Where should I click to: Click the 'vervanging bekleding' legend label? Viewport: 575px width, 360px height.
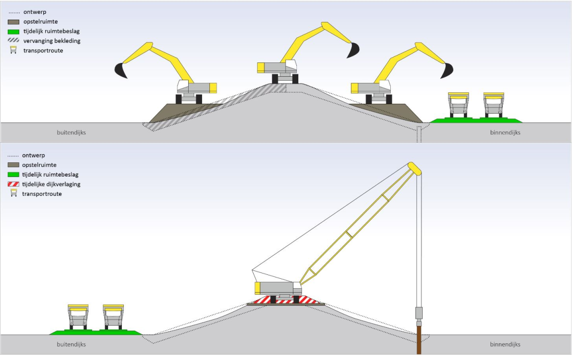click(52, 41)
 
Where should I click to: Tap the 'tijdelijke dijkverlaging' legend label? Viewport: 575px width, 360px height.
click(51, 184)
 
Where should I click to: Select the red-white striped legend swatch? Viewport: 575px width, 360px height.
click(13, 184)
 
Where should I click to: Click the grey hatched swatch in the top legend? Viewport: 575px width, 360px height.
click(13, 40)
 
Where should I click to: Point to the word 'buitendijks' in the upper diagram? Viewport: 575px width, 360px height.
click(71, 132)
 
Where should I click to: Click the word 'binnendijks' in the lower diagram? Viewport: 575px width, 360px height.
click(505, 344)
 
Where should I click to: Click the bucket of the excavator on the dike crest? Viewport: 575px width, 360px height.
click(353, 50)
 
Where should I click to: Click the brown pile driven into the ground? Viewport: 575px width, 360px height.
click(419, 340)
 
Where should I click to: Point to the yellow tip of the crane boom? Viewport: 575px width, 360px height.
click(415, 168)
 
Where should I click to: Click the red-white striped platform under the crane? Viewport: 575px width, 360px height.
click(286, 300)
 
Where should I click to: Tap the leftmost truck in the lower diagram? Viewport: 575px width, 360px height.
click(78, 317)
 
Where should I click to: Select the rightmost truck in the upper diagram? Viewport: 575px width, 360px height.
click(493, 105)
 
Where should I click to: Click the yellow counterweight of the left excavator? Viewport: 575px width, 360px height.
click(213, 88)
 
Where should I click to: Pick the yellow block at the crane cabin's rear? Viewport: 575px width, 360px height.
click(258, 288)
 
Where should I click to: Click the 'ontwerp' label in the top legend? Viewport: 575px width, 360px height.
click(35, 12)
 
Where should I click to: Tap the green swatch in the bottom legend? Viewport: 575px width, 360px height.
click(13, 175)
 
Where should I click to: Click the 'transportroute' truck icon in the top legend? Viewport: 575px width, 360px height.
click(14, 50)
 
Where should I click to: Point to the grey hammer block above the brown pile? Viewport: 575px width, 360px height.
click(419, 313)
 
